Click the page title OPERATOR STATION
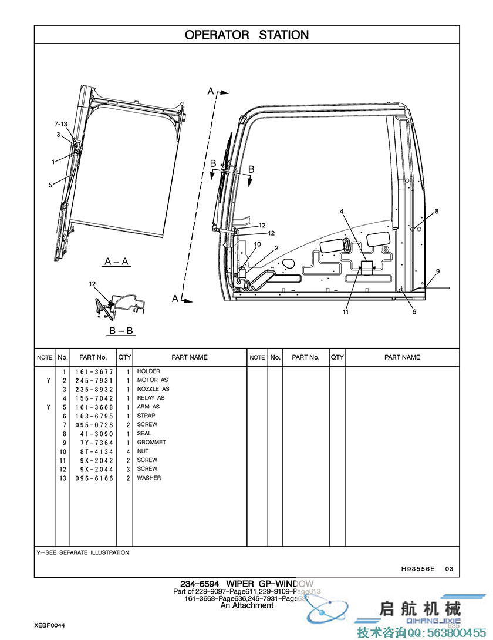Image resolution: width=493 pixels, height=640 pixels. pyautogui.click(x=246, y=35)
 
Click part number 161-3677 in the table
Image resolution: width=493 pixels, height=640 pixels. pyautogui.click(x=93, y=371)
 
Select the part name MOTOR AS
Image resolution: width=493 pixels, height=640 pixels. pyautogui.click(x=152, y=380)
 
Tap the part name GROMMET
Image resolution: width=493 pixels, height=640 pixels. pyautogui.click(x=151, y=442)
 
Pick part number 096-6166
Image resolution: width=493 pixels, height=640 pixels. pyautogui.click(x=93, y=478)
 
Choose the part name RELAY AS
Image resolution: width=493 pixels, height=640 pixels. pyautogui.click(x=151, y=398)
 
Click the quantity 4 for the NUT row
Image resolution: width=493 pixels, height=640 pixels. pyautogui.click(x=128, y=451)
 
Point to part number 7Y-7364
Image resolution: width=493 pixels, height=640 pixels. pyautogui.click(x=93, y=442)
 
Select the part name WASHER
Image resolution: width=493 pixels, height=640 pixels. pyautogui.click(x=149, y=478)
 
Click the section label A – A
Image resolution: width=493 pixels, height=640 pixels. pyautogui.click(x=117, y=261)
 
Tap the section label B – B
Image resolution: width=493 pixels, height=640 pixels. pyautogui.click(x=121, y=330)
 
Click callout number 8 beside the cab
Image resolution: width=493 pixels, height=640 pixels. pyautogui.click(x=437, y=211)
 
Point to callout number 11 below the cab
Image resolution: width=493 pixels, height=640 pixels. pyautogui.click(x=346, y=312)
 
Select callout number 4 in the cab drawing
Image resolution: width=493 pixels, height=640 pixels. pyautogui.click(x=342, y=211)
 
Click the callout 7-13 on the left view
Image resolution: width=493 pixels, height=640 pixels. pyautogui.click(x=60, y=124)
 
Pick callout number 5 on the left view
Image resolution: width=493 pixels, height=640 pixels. pyautogui.click(x=50, y=185)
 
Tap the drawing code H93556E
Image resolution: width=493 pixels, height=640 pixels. pyautogui.click(x=418, y=569)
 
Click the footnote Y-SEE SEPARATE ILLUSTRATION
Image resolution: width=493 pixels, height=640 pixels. pyautogui.click(x=83, y=552)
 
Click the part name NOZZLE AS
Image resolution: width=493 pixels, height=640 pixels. pyautogui.click(x=153, y=389)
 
